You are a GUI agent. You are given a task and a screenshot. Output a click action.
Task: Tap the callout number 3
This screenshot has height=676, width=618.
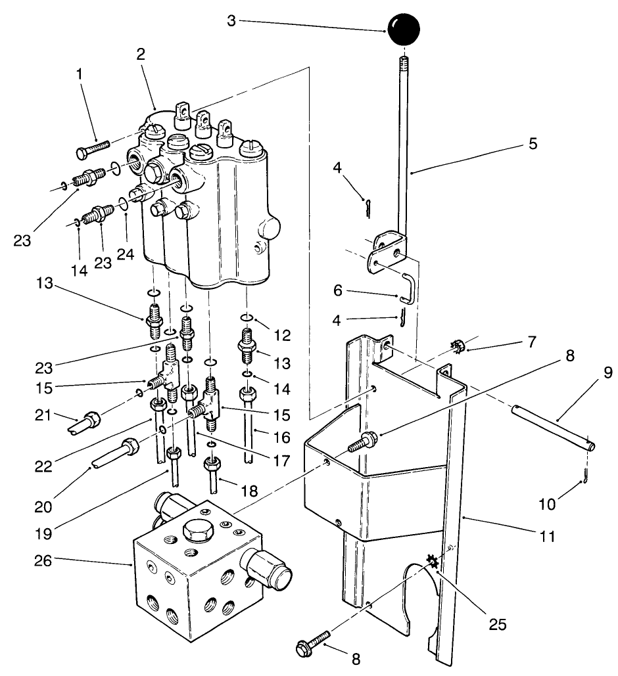231,20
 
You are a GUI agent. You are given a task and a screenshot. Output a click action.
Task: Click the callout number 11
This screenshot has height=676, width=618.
547,536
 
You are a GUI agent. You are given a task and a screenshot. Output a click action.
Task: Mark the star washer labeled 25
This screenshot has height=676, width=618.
432,560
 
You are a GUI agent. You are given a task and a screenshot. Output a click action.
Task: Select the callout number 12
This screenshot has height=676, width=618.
283,335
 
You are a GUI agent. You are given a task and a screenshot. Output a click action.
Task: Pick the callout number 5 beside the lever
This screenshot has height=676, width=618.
532,144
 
